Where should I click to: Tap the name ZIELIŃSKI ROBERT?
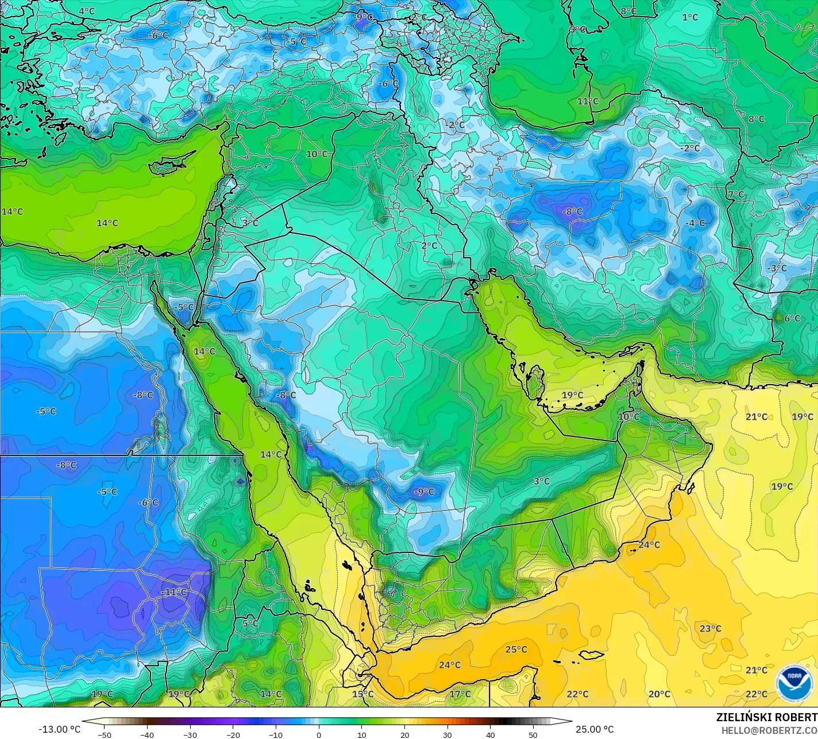tap(766, 717)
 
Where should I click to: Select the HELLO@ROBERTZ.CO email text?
tap(769, 730)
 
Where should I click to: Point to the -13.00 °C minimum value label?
tap(59, 729)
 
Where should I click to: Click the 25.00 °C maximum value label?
tap(595, 729)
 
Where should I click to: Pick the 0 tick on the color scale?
tap(319, 734)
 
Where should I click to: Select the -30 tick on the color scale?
tap(190, 734)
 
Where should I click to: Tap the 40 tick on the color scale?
tap(490, 734)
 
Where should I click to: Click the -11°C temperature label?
tap(173, 592)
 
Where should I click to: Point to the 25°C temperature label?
tap(516, 649)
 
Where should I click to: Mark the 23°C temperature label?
tap(710, 628)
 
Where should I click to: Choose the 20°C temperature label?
tap(659, 694)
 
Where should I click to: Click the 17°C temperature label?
tap(460, 694)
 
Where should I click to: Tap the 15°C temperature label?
tap(362, 694)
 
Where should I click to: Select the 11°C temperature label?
tap(588, 101)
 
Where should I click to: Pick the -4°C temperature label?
tap(695, 223)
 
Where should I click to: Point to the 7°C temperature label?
tap(736, 195)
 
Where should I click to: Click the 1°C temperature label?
tap(690, 17)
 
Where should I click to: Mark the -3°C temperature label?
tap(777, 268)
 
